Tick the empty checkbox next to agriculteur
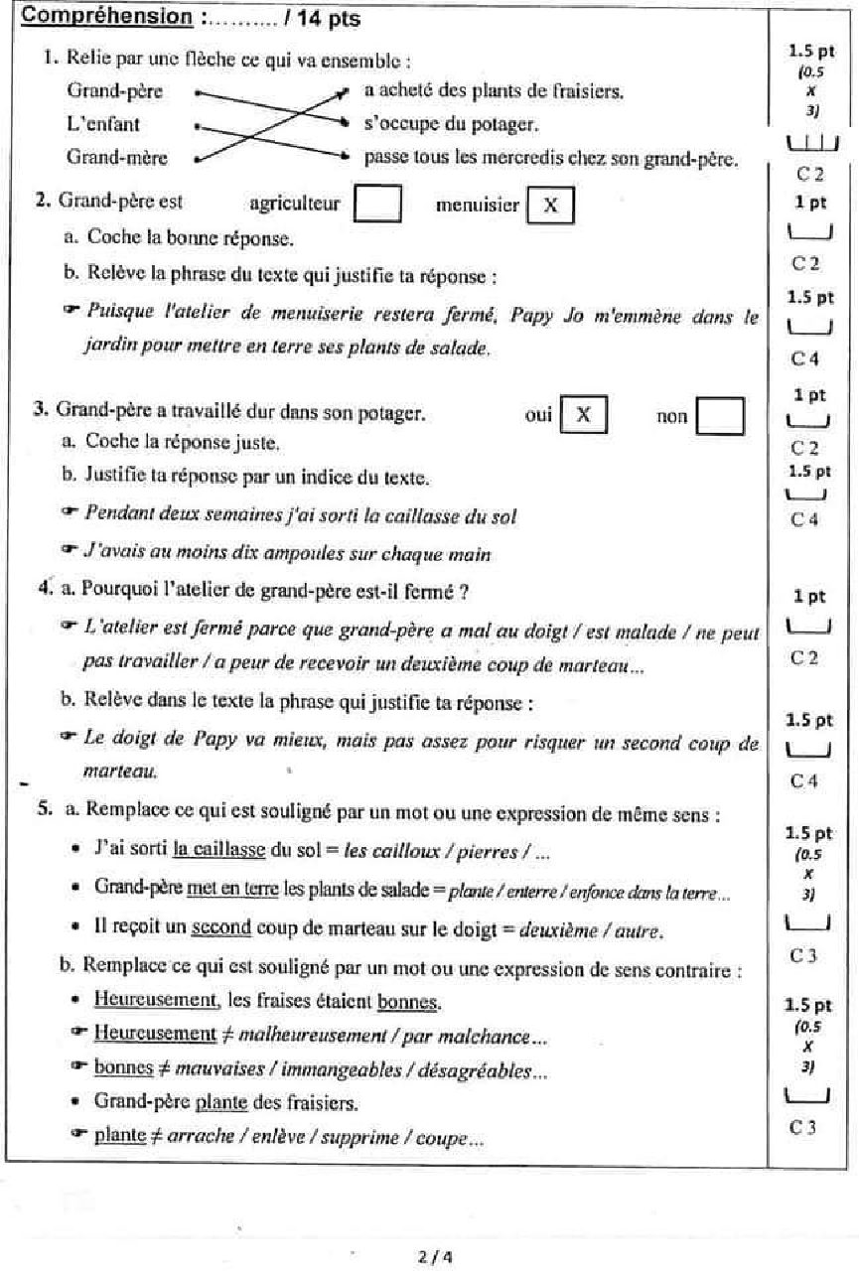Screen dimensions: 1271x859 [377, 205]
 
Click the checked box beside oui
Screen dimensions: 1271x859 [583, 415]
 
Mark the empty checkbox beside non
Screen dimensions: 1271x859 [720, 416]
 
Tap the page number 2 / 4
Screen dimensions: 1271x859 [431, 1256]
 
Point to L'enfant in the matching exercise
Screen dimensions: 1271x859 [102, 124]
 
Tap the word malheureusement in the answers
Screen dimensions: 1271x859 [298, 1035]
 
